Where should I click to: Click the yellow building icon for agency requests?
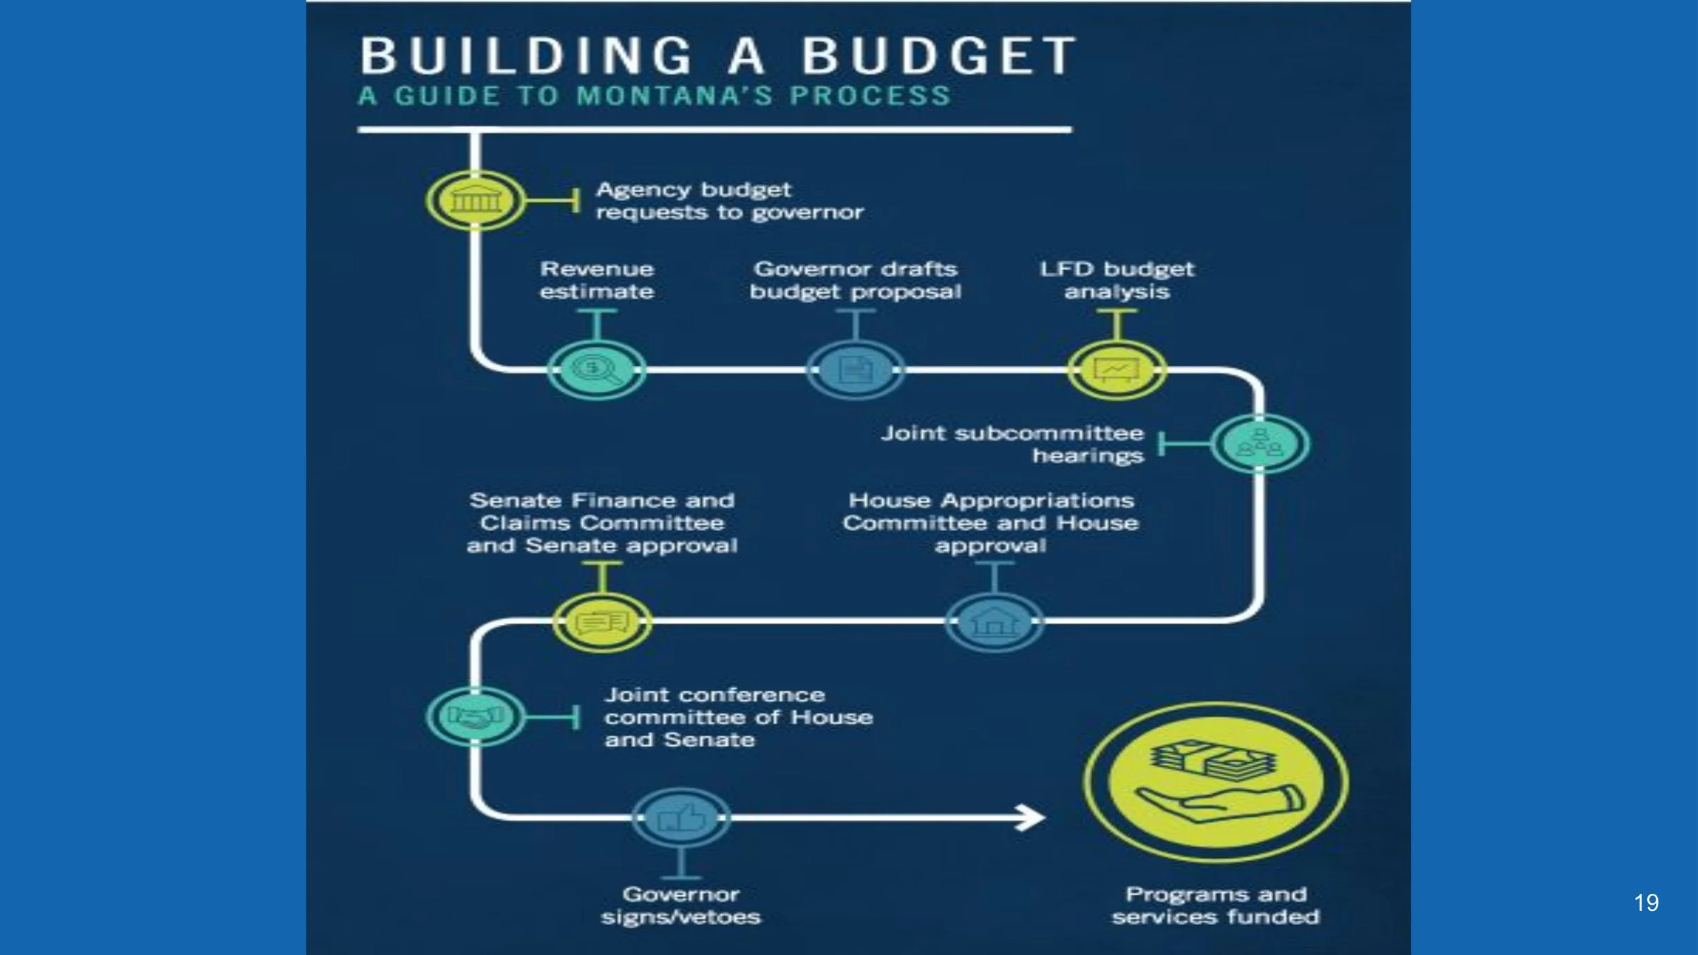tap(475, 201)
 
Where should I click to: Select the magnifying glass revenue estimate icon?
tap(596, 370)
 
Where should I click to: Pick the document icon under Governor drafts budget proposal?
tap(855, 370)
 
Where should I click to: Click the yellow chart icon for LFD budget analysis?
tap(1117, 370)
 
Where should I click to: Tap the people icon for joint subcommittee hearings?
tap(1260, 444)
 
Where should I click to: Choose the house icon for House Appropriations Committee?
tap(994, 621)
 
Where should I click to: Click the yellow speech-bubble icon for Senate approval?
tap(602, 621)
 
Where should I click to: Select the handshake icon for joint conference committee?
tap(475, 717)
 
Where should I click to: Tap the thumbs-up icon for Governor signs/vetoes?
tap(681, 817)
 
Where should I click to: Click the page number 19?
tap(1646, 903)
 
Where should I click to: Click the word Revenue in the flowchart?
tap(597, 270)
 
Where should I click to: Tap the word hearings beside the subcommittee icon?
tap(1088, 456)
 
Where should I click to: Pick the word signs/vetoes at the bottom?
tap(681, 918)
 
